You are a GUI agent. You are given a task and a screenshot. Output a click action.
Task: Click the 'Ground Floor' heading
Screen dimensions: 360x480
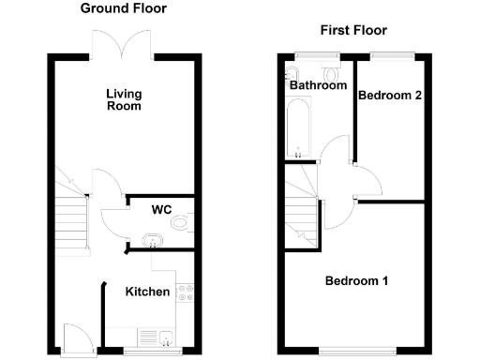pyautogui.click(x=123, y=8)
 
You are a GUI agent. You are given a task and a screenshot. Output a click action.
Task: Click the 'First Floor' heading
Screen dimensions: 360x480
pyautogui.click(x=353, y=30)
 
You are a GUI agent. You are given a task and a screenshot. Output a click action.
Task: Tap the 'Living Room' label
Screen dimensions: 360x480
pyautogui.click(x=123, y=99)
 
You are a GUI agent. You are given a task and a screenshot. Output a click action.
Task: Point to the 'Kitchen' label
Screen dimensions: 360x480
pyautogui.click(x=148, y=292)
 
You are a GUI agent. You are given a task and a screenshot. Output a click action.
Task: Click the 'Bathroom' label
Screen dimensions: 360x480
pyautogui.click(x=318, y=85)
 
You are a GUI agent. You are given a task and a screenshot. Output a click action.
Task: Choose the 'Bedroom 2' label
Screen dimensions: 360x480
pyautogui.click(x=388, y=95)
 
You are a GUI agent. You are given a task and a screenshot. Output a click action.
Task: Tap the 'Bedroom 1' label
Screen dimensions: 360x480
pyautogui.click(x=357, y=280)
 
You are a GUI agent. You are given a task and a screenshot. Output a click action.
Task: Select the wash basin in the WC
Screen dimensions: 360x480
pyautogui.click(x=152, y=241)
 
